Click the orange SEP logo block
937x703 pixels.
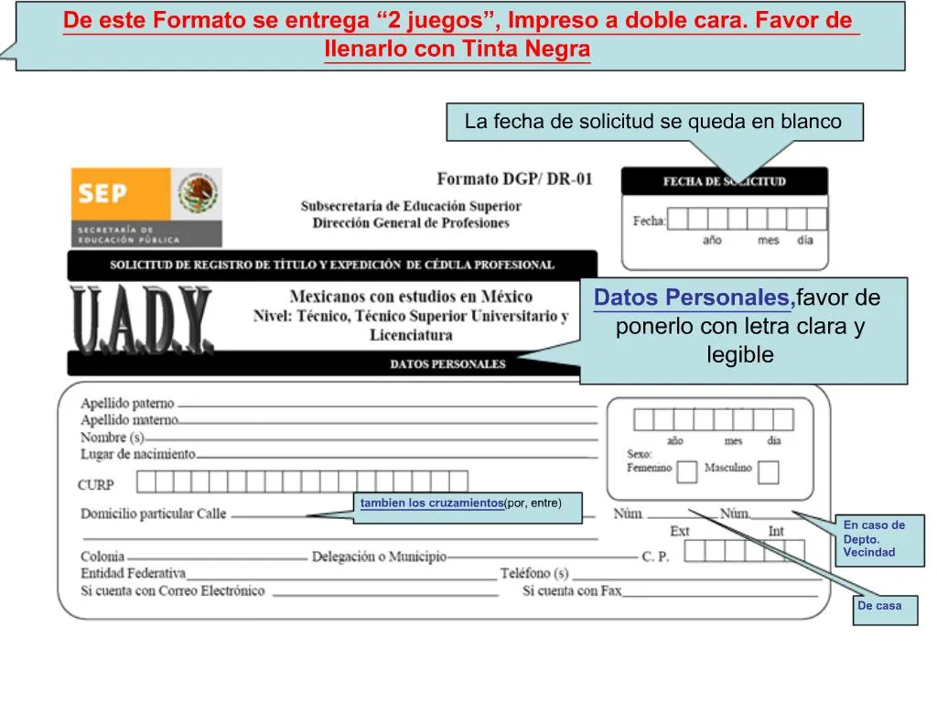coord(121,194)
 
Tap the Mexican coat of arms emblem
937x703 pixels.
coord(198,193)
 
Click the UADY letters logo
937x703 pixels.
coord(142,319)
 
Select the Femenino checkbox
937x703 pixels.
coord(686,471)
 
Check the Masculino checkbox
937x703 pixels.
coord(768,471)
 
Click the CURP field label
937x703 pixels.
coord(95,485)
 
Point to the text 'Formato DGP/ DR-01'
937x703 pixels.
coord(514,178)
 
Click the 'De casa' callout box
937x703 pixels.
coord(885,610)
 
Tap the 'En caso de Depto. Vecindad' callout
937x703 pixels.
coord(880,540)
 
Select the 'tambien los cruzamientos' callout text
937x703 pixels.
coord(432,503)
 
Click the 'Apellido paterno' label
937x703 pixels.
coord(127,403)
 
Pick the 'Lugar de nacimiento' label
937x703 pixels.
coord(138,454)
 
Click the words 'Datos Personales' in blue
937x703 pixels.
coord(692,297)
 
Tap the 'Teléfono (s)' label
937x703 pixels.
coord(534,573)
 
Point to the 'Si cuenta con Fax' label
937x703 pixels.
coord(572,591)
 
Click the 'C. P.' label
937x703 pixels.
coord(655,557)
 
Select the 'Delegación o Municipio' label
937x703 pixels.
coord(379,557)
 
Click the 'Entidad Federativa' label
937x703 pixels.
coord(134,573)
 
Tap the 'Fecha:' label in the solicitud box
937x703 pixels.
coord(650,222)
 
